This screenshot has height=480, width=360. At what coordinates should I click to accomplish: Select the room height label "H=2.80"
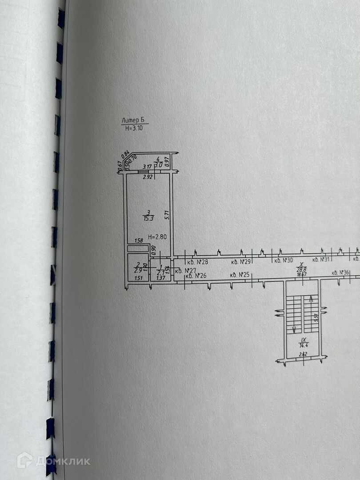click(157, 237)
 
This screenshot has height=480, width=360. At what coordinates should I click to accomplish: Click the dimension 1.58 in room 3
click(138, 241)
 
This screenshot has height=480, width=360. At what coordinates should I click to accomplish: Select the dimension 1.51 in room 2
click(138, 279)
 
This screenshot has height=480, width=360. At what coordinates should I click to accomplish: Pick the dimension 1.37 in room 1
click(160, 279)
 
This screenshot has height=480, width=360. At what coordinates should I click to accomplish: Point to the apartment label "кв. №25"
click(239, 275)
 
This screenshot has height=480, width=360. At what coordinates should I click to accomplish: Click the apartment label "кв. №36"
click(341, 272)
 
